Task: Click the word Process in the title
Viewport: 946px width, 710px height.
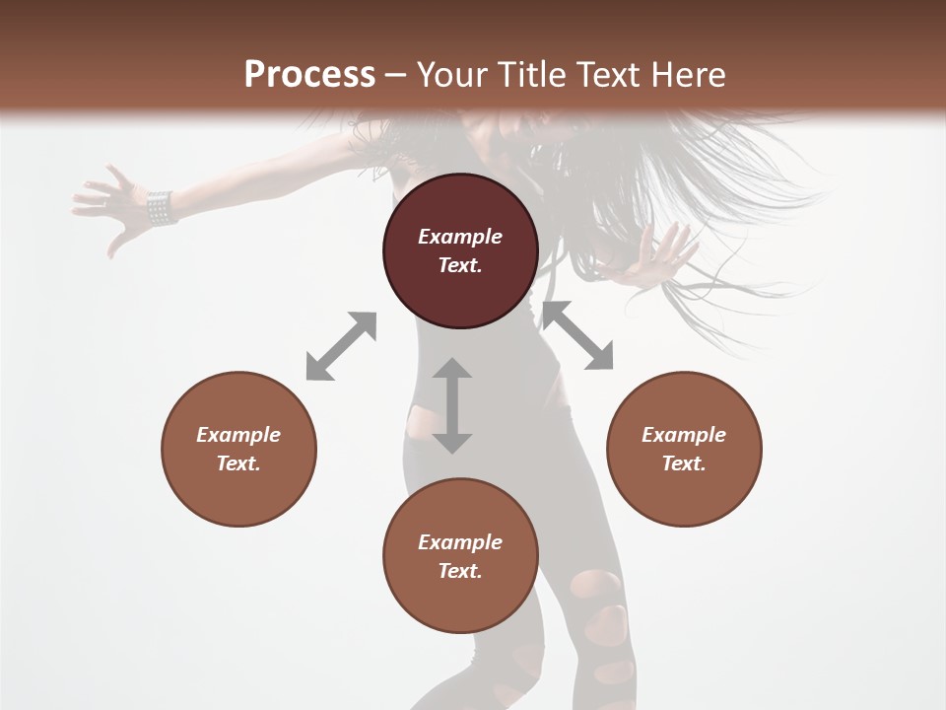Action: click(309, 75)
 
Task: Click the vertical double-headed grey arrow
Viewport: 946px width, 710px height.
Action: click(452, 405)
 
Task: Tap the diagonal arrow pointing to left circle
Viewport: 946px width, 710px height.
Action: click(341, 346)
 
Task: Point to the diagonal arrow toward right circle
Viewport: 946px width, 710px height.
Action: click(578, 336)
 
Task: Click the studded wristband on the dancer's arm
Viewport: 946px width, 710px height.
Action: click(160, 207)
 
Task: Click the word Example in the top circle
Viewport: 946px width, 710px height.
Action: click(460, 237)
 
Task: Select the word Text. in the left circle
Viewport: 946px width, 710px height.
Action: click(238, 462)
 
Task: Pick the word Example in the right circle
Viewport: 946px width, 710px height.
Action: click(684, 435)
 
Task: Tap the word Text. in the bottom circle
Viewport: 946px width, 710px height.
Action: click(460, 571)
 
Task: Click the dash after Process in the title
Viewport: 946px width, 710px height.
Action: click(396, 75)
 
